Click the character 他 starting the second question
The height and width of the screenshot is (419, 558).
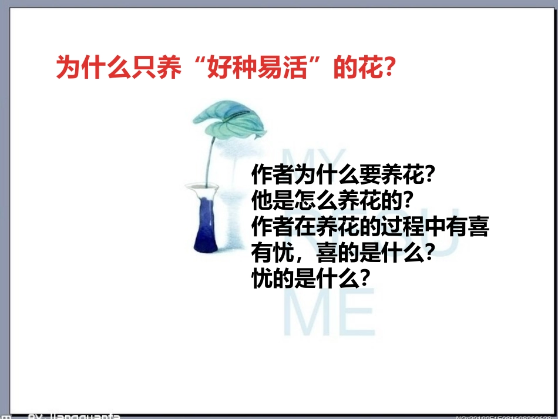click(260, 200)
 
